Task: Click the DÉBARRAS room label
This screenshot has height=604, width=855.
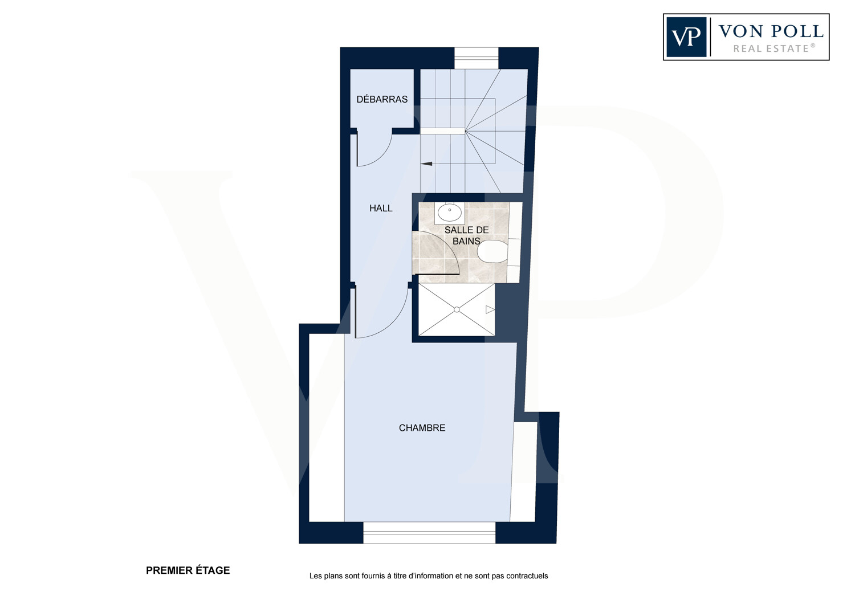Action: pos(382,99)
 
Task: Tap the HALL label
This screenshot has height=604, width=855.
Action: pos(381,209)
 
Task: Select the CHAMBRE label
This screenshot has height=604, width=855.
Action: pos(422,428)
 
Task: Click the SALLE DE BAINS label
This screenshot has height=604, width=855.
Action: pos(466,235)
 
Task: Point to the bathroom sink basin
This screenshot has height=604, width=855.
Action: pos(449,213)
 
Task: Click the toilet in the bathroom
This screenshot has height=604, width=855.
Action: pos(492,251)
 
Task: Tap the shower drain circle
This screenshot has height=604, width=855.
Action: pos(457,310)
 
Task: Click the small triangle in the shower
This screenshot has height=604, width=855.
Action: pos(490,310)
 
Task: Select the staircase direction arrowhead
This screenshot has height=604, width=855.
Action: pos(426,164)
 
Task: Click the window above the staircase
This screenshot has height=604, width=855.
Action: pos(477,58)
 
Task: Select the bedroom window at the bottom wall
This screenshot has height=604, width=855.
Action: pos(429,533)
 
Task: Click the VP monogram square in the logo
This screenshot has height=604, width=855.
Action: pos(686,37)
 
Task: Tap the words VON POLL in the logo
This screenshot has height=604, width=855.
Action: pos(771,31)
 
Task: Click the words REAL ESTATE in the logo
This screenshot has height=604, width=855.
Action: pos(774,48)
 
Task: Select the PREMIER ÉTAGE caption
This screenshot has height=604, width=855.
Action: pos(188,570)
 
